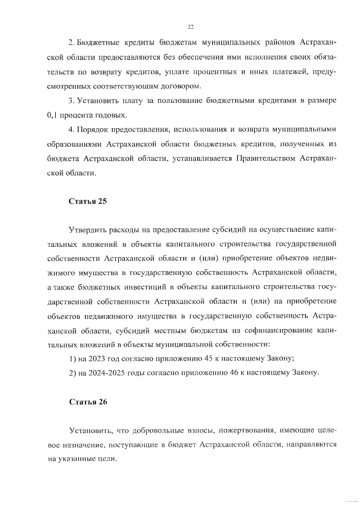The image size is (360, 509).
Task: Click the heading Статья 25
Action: point(87,201)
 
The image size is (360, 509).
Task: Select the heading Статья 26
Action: point(87,402)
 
